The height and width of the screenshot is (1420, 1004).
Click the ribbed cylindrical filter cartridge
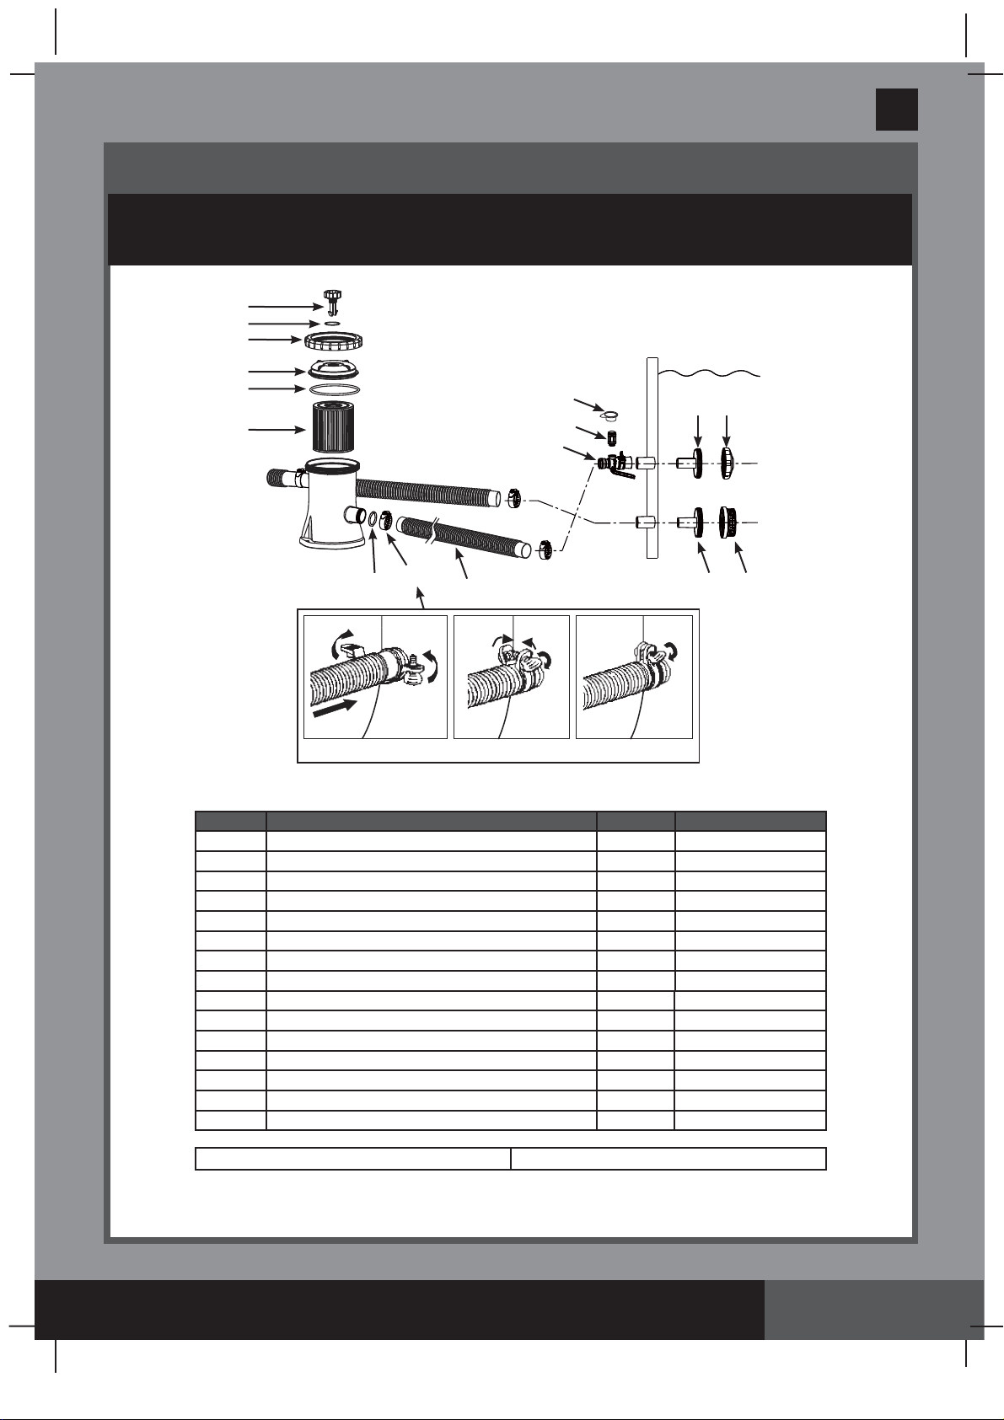tap(335, 429)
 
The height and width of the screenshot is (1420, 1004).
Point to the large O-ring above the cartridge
tap(335, 389)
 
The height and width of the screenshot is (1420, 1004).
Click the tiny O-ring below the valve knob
tap(332, 323)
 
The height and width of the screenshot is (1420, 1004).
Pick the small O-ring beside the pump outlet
tap(372, 517)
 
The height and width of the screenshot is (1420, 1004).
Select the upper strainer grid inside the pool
tap(728, 463)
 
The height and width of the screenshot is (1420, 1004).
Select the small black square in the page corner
tap(896, 110)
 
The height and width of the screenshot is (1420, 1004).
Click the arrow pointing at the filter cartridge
tap(277, 430)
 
